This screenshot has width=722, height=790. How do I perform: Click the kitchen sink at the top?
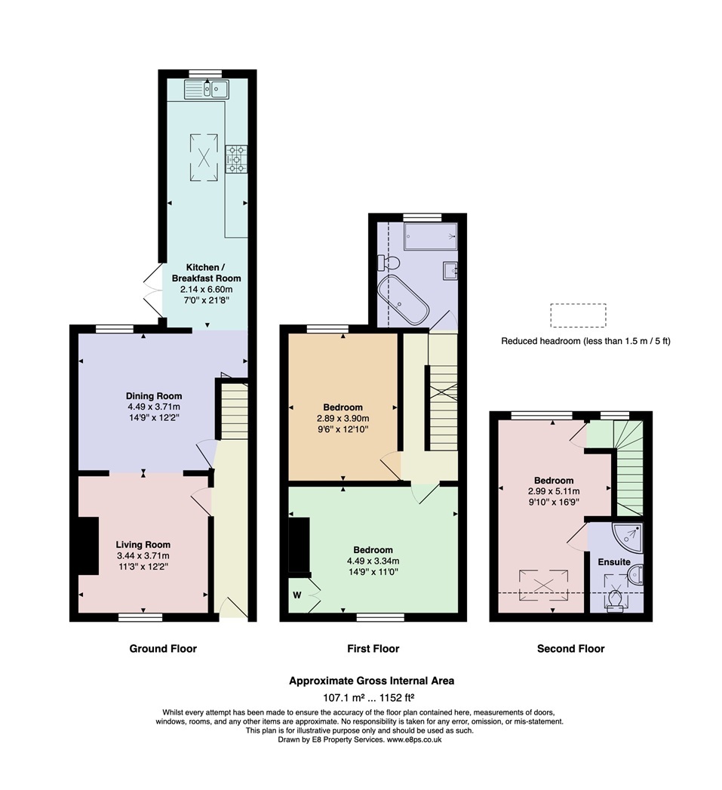click(207, 90)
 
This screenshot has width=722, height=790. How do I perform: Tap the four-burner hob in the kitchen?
click(236, 158)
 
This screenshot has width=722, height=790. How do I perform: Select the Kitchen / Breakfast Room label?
click(207, 272)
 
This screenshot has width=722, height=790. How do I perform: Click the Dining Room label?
click(154, 396)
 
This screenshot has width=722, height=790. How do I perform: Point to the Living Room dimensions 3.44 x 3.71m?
click(143, 556)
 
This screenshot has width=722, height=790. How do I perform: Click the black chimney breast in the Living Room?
click(88, 546)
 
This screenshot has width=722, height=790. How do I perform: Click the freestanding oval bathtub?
click(403, 300)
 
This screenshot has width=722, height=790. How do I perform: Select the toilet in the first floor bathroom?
click(389, 263)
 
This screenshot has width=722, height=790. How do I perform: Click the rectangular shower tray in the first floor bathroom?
click(432, 235)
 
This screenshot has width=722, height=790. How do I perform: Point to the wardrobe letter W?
click(296, 595)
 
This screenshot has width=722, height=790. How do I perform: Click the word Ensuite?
click(614, 562)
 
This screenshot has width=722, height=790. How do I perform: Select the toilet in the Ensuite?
click(615, 601)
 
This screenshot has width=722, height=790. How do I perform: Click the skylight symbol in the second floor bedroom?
click(544, 585)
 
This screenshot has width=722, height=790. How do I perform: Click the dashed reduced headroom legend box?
click(578, 315)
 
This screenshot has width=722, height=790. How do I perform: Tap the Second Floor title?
click(571, 648)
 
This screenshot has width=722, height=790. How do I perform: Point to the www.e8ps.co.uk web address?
click(415, 739)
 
